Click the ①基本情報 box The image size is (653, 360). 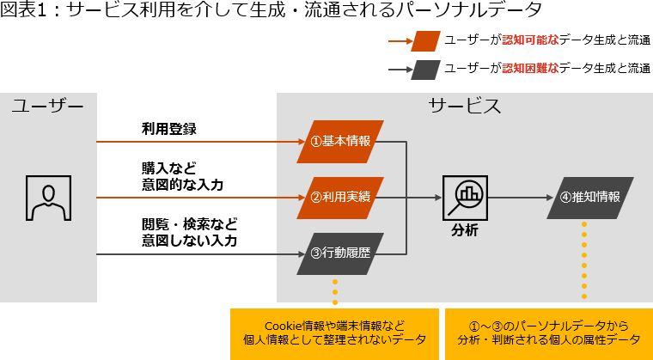[340, 141]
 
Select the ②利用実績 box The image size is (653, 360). [340, 197]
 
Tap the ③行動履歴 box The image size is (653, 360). [340, 253]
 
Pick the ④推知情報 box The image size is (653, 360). [589, 197]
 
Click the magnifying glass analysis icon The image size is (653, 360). [465, 198]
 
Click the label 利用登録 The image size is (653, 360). [169, 129]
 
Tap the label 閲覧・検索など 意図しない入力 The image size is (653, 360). [189, 232]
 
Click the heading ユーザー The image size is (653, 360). [48, 107]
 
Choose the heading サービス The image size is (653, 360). [465, 107]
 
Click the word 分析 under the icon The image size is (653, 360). [465, 231]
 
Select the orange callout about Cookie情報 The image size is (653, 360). [334, 333]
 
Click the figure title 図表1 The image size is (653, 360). [21, 11]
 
